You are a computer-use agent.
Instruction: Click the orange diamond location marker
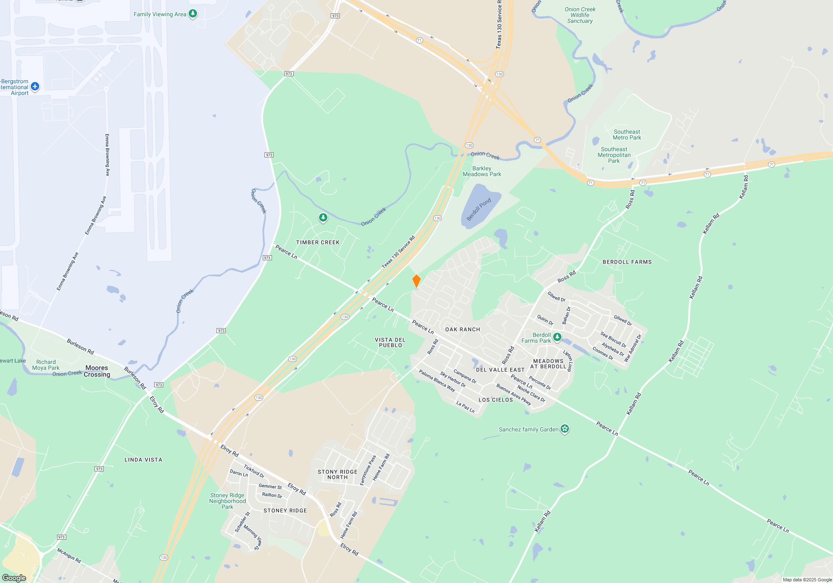coord(416,281)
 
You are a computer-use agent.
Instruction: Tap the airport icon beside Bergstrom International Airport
coord(35,87)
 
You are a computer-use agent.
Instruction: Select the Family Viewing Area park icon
coord(192,14)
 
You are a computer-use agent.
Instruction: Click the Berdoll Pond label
coord(479,209)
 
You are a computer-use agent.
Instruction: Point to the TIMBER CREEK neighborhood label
coord(318,242)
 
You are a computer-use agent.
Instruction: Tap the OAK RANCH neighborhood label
coord(462,329)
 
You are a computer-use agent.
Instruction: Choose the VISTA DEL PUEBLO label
coord(390,342)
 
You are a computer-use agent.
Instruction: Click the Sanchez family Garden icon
coord(564,429)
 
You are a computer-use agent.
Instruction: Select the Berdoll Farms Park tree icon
coord(557,337)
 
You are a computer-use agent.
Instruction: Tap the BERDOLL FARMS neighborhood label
coord(627,262)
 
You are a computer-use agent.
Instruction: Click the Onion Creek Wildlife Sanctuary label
coord(580,15)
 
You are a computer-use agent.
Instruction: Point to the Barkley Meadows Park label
coord(482,171)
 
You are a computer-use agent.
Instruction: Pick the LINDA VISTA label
coord(143,460)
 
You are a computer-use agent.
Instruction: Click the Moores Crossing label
coord(97,371)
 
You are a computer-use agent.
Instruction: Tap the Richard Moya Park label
coord(46,365)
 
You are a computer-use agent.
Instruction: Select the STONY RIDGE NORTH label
coord(337,474)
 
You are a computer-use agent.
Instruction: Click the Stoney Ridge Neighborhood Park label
coord(227,501)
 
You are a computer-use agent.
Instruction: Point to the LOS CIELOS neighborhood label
coord(496,400)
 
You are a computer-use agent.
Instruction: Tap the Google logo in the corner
coord(14,578)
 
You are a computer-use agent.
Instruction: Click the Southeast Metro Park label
coord(627,135)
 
